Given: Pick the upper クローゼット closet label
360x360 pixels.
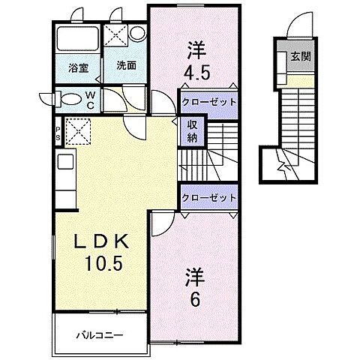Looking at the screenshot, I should pyautogui.click(x=208, y=101).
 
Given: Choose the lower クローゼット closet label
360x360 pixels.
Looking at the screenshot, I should pyautogui.click(x=208, y=196).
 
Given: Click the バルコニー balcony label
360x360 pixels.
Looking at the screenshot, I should pyautogui.click(x=99, y=334).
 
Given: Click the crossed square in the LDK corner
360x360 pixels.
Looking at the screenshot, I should pyautogui.click(x=78, y=132).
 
